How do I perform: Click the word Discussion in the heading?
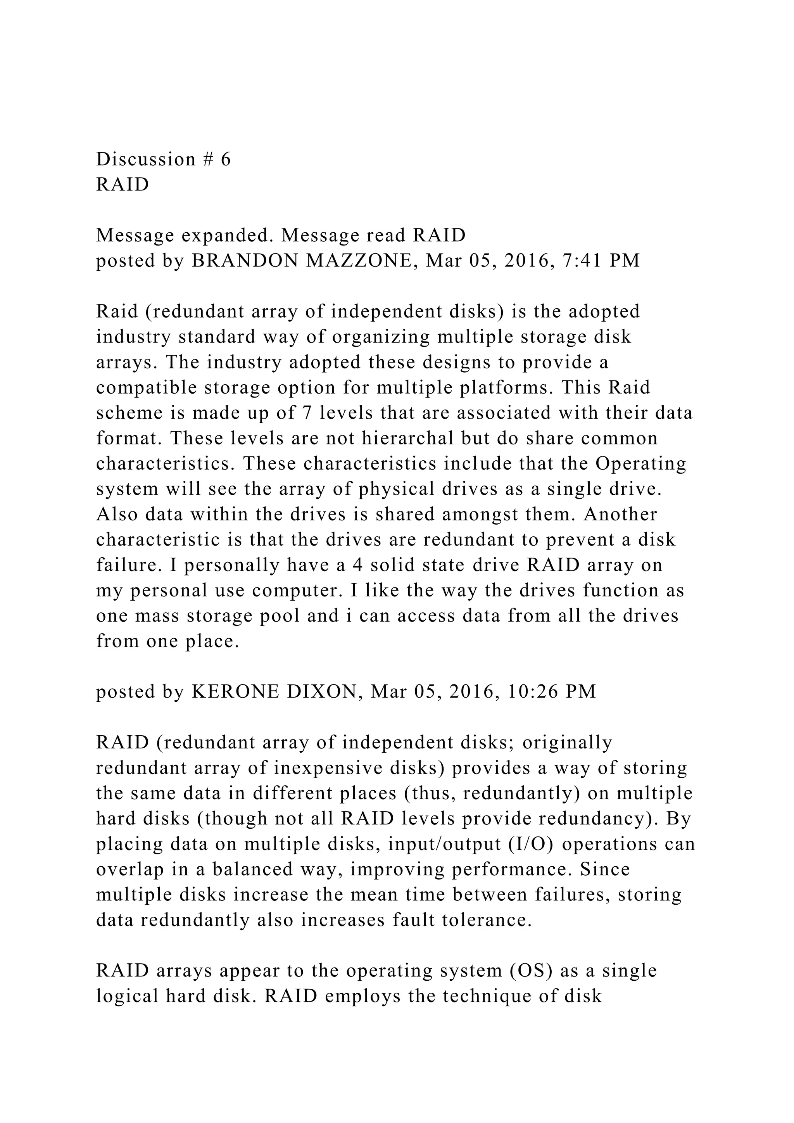tap(146, 159)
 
